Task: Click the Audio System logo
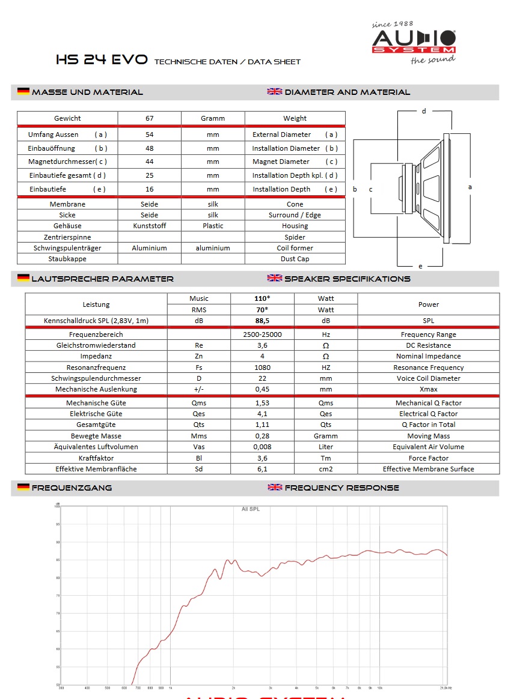(414, 41)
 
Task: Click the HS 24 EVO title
(102, 60)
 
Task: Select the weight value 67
(149, 118)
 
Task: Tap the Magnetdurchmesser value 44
(149, 162)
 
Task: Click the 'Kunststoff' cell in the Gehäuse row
(149, 226)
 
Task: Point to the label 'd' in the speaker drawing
(424, 111)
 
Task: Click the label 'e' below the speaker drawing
(420, 265)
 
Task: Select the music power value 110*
(262, 298)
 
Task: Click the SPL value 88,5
(262, 321)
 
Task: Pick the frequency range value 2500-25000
(262, 334)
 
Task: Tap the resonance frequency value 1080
(262, 368)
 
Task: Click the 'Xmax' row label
(428, 389)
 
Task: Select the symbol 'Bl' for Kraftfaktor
(198, 458)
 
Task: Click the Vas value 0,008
(262, 447)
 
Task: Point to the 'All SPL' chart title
(251, 509)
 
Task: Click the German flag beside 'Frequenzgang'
(23, 487)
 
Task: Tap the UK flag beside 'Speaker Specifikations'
(275, 278)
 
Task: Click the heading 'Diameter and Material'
(347, 92)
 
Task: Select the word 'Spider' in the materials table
(295, 237)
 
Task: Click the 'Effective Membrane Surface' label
(428, 469)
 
